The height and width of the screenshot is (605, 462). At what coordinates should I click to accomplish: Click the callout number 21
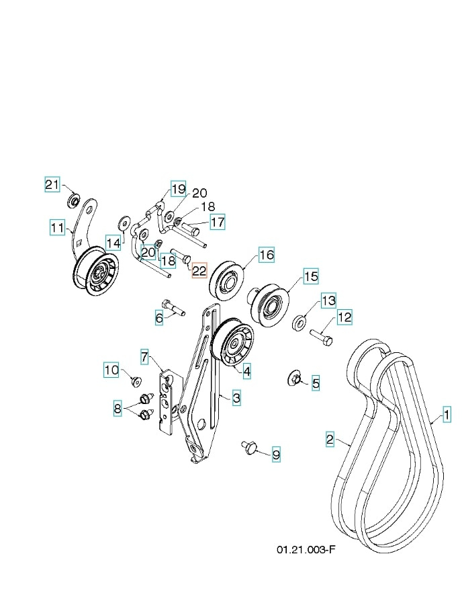click(x=52, y=185)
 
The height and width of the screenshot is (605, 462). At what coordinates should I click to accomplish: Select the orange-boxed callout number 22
click(x=199, y=271)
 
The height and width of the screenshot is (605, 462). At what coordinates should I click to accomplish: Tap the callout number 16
click(x=267, y=255)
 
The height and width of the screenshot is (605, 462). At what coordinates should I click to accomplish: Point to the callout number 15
click(x=310, y=276)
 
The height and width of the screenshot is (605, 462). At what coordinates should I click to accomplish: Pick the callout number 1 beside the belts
click(x=446, y=415)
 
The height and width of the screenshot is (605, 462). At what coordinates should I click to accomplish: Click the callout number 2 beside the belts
click(x=330, y=440)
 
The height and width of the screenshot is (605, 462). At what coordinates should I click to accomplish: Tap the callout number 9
click(x=275, y=455)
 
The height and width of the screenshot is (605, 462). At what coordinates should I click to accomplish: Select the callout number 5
click(x=315, y=384)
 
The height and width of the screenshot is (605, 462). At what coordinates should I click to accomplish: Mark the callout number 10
click(x=111, y=369)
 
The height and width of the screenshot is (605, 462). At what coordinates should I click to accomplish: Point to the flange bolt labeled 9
click(x=248, y=446)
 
